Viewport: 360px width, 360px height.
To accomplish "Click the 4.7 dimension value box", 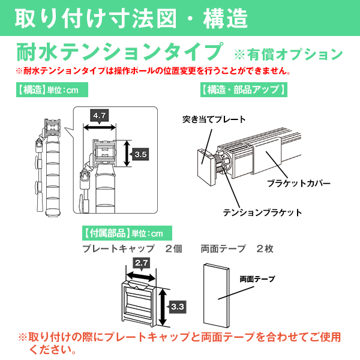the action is (x=99, y=115).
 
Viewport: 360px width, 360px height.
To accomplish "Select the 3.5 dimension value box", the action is (x=140, y=154).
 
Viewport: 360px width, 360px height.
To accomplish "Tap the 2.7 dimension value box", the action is (x=141, y=263).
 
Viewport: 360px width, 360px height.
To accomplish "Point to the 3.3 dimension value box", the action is (x=177, y=307).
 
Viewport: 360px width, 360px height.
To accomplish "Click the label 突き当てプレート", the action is (x=214, y=119).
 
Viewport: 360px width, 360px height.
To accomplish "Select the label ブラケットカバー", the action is (x=299, y=183).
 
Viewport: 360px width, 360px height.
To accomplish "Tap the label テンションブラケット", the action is (x=262, y=212).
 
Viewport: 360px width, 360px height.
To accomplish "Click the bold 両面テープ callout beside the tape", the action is (x=257, y=279).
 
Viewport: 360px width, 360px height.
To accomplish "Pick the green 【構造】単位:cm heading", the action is (x=52, y=90).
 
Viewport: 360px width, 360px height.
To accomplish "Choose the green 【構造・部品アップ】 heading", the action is (x=244, y=89).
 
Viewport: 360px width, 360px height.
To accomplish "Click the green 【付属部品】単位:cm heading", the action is (x=127, y=233).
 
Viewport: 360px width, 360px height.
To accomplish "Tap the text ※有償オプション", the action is (x=289, y=54).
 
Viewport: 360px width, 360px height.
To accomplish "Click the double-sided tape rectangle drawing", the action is (x=216, y=295).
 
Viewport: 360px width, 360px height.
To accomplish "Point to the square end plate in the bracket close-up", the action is (x=206, y=166).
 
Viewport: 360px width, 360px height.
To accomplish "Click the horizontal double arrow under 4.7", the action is (x=100, y=127).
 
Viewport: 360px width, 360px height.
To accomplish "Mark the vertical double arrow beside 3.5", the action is (x=127, y=154).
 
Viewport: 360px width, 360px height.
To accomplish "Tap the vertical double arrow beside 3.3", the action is (x=163, y=307).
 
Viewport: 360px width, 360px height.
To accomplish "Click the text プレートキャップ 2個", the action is (x=132, y=248).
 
